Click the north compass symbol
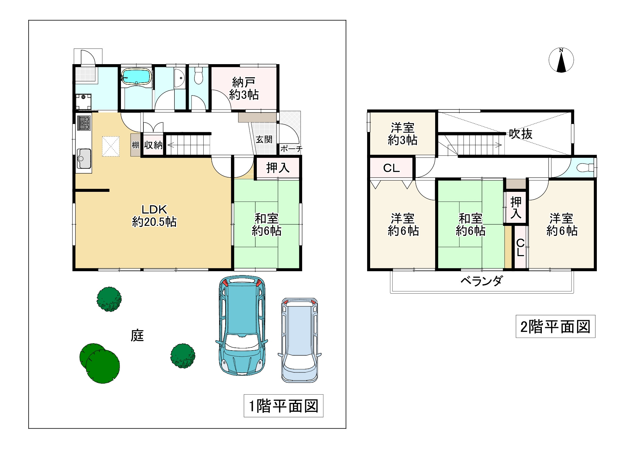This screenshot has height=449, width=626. click(x=561, y=60)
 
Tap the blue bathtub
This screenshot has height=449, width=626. click(x=136, y=76)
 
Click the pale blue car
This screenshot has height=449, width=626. click(x=300, y=340)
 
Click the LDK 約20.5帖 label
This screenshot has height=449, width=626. click(x=154, y=216)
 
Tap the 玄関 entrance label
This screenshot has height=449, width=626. click(x=264, y=140)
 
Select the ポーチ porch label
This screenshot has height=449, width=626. click(x=291, y=149)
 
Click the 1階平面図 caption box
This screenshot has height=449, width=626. click(x=284, y=406)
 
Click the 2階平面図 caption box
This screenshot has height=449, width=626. click(x=555, y=326)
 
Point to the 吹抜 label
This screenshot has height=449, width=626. click(x=521, y=134)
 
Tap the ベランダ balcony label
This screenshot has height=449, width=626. click(x=482, y=281)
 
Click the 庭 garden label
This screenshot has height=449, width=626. click(x=137, y=335)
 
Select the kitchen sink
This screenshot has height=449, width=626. click(x=84, y=158)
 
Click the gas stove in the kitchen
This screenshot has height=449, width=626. click(x=84, y=123)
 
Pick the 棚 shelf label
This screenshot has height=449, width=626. click(x=136, y=145)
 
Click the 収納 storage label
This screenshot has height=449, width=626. click(x=153, y=145)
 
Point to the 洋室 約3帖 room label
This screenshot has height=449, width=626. click(x=403, y=134)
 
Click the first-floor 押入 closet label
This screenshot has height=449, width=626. click(x=278, y=168)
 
